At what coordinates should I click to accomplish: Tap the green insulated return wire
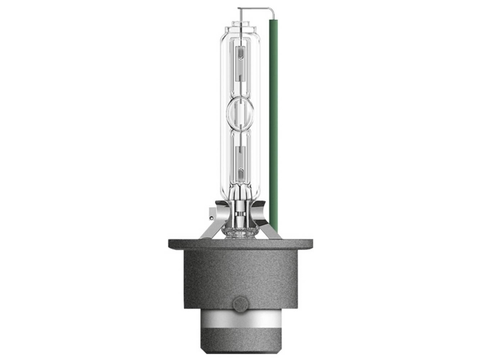pos(274,120)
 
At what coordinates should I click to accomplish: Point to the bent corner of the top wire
pos(272,9)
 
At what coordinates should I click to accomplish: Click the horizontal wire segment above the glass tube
pos(255,8)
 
